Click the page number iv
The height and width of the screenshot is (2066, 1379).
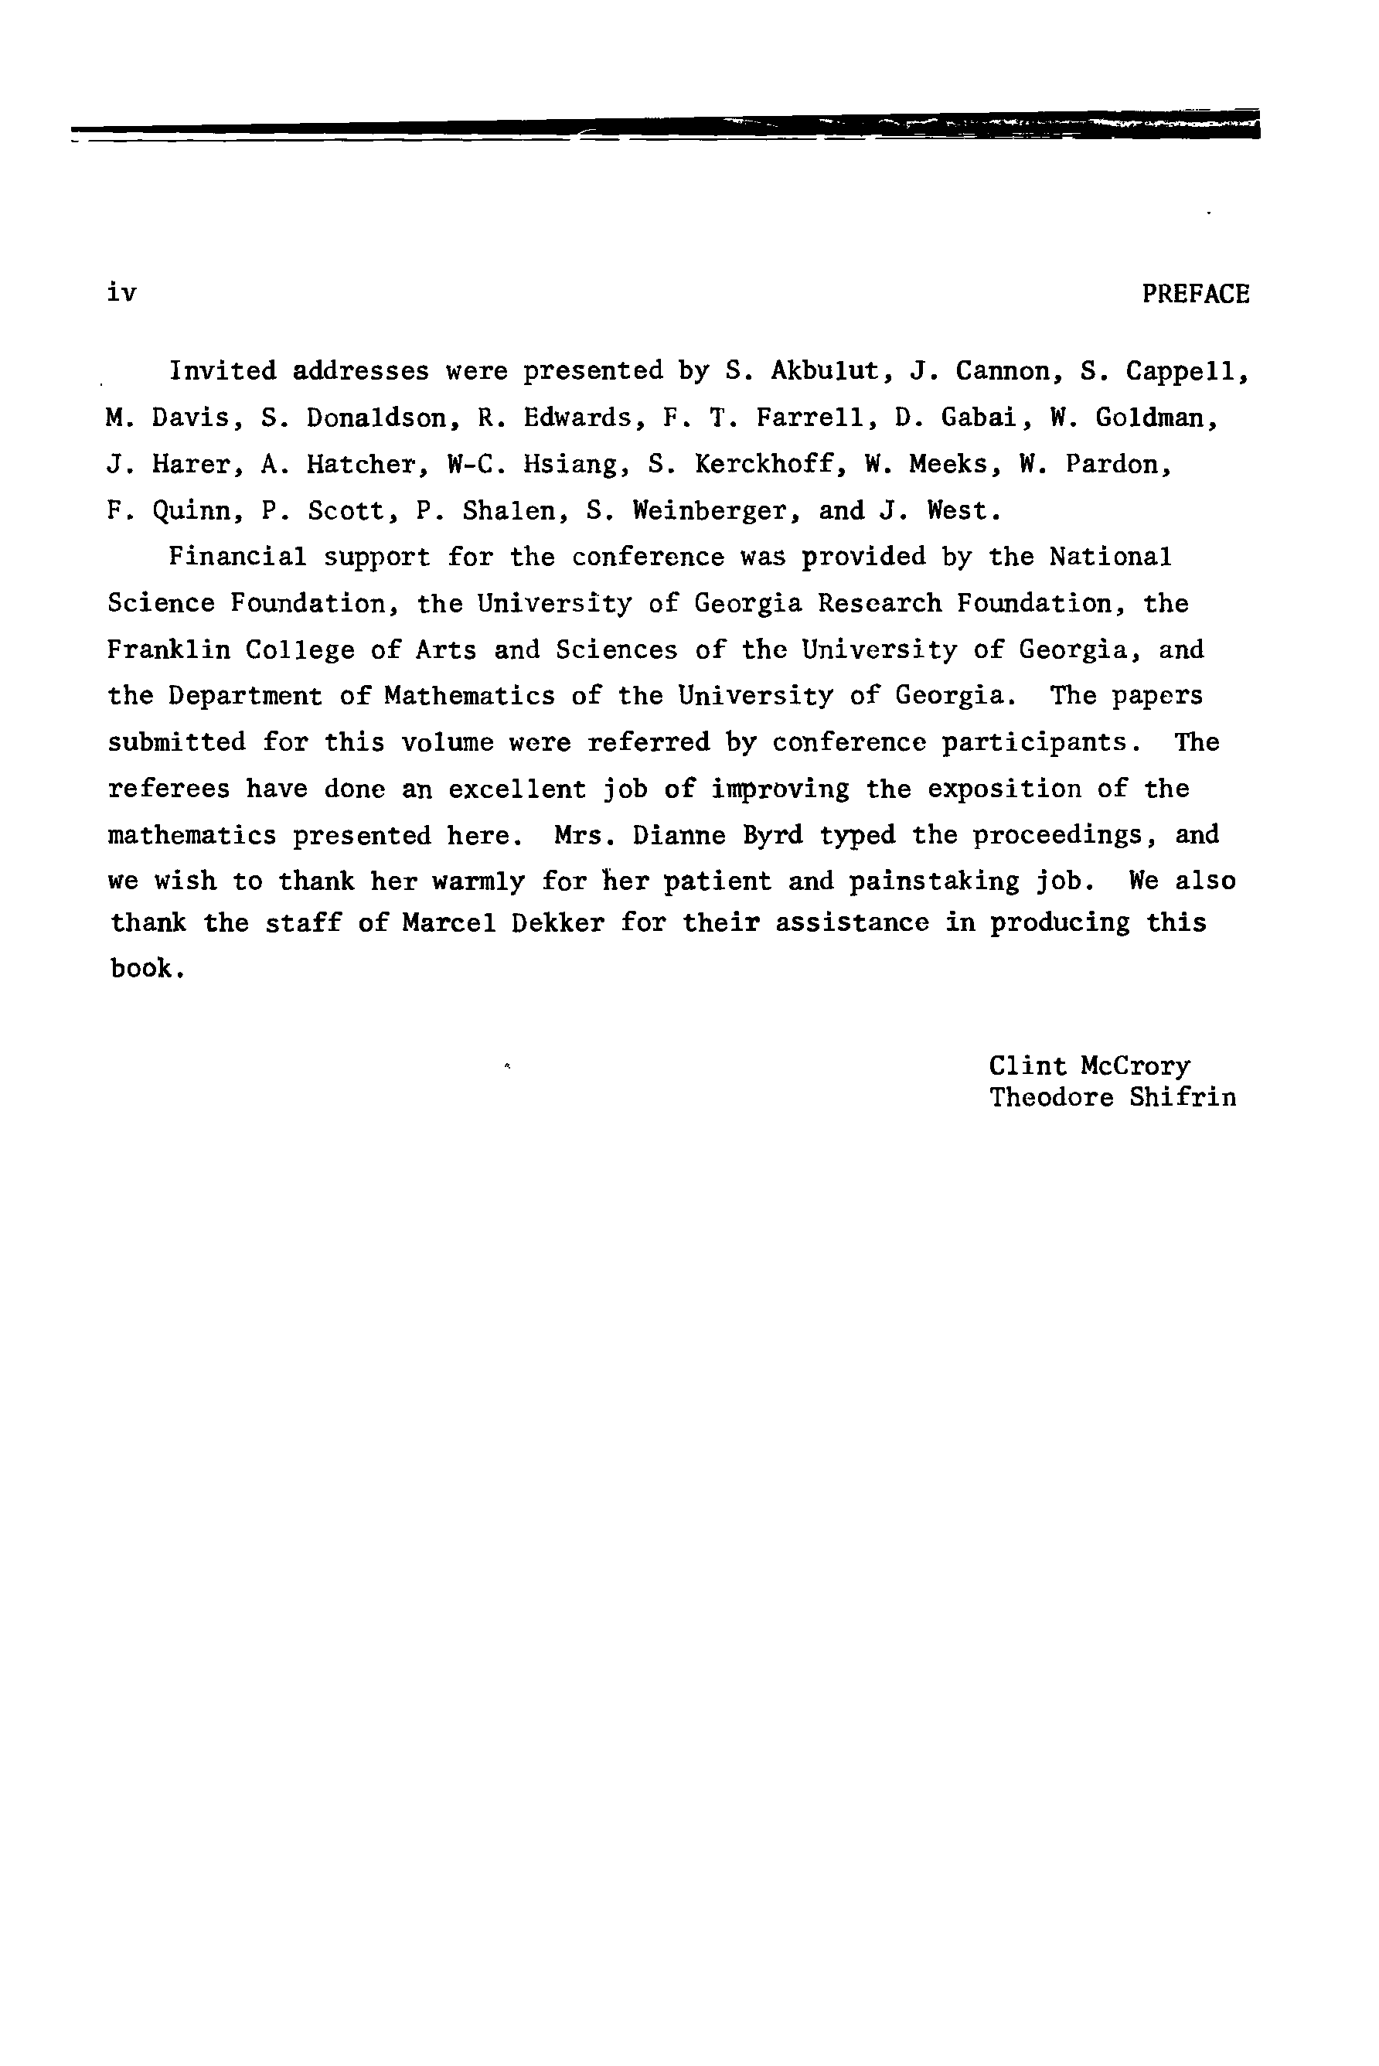[121, 292]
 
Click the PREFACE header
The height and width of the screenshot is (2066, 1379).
[1195, 294]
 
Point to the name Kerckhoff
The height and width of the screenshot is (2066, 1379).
[764, 465]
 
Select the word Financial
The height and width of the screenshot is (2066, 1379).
[237, 557]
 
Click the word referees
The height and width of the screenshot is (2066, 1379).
[168, 789]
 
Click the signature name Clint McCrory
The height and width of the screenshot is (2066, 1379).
[1089, 1066]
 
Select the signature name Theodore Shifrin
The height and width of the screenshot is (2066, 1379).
[1112, 1098]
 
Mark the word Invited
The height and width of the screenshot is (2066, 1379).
[223, 371]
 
